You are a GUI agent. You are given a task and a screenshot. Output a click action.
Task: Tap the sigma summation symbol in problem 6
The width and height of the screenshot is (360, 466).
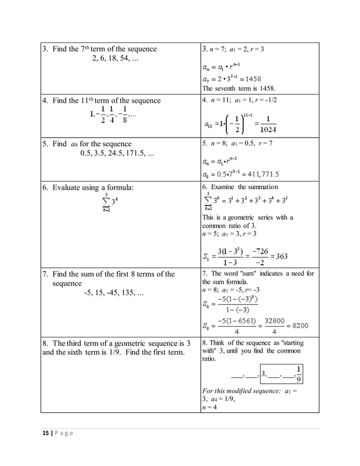pos(106,203)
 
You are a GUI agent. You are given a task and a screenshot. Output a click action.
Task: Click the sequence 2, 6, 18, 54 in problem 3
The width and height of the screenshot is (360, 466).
pos(116,59)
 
